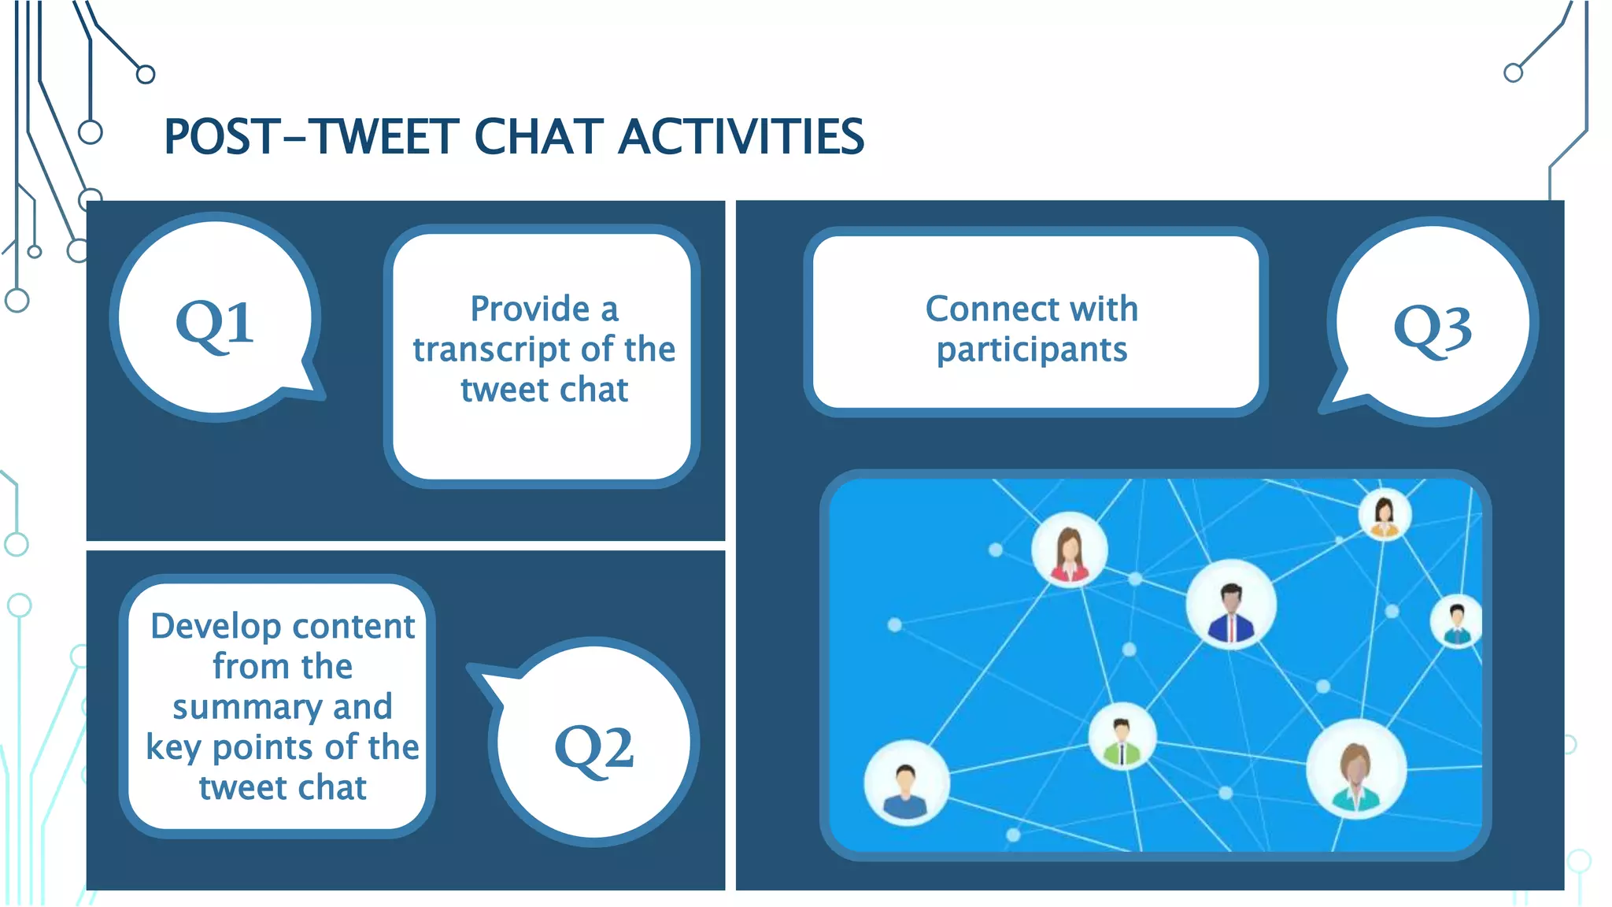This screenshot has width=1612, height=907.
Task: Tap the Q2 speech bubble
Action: pyautogui.click(x=593, y=744)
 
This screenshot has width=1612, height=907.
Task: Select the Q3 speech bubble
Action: pyautogui.click(x=1433, y=323)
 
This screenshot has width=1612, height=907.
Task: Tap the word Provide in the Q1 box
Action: pyautogui.click(x=530, y=309)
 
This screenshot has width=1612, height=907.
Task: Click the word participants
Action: pyautogui.click(x=1031, y=350)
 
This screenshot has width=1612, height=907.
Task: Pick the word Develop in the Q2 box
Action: pyautogui.click(x=216, y=627)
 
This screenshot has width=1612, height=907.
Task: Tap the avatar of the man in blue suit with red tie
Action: pyautogui.click(x=1230, y=605)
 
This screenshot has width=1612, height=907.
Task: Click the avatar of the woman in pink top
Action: pyautogui.click(x=1069, y=550)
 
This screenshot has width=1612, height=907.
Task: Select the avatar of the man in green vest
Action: pyautogui.click(x=1122, y=736)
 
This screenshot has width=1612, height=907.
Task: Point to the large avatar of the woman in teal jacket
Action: pyautogui.click(x=1355, y=769)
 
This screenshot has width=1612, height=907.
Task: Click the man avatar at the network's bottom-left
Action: pyautogui.click(x=906, y=783)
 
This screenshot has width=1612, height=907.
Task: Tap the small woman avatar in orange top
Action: pyautogui.click(x=1385, y=514)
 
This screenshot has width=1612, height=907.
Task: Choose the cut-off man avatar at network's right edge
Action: pyautogui.click(x=1456, y=621)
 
